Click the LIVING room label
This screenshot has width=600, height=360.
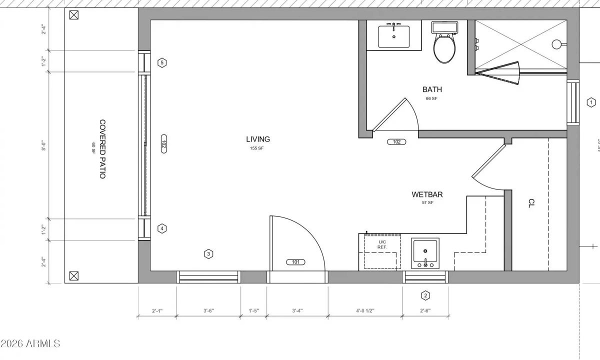(x=258, y=139)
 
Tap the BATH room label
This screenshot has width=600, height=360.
(x=432, y=89)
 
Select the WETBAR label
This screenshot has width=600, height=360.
(x=427, y=194)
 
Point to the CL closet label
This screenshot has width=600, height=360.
(x=531, y=203)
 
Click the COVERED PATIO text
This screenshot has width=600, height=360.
(x=102, y=149)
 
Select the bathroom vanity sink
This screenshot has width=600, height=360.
(x=394, y=35)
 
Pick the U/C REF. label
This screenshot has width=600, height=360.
(x=382, y=244)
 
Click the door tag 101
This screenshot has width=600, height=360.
(x=295, y=262)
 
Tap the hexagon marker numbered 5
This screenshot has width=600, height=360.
(x=161, y=63)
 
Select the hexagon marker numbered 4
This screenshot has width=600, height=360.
(x=161, y=228)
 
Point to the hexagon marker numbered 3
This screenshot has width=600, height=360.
(x=209, y=254)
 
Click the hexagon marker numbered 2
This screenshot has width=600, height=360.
(x=425, y=295)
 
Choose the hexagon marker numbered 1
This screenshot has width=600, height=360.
(x=591, y=102)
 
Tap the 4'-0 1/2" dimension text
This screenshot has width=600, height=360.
(x=365, y=311)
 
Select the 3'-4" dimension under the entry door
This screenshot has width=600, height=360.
(x=297, y=311)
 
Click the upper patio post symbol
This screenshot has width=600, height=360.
(x=74, y=15)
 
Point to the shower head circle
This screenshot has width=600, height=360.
(x=556, y=44)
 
